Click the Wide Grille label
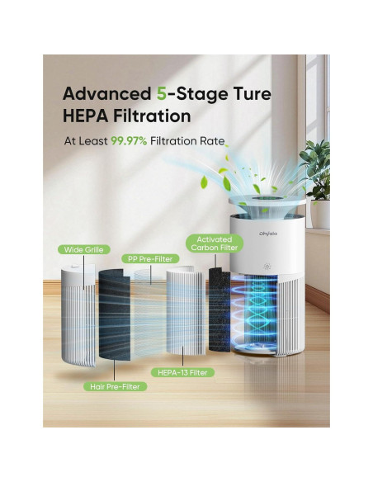pyautogui.click(x=83, y=249)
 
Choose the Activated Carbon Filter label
pyautogui.click(x=214, y=242)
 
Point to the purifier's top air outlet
pyautogui.click(x=267, y=196)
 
